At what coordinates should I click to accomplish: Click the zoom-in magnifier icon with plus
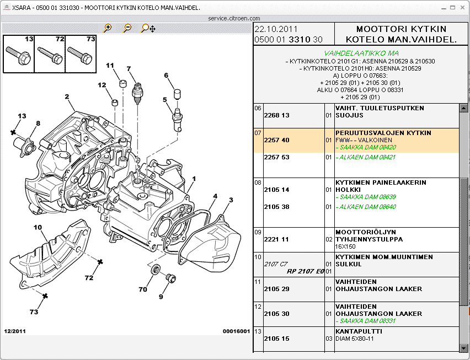click(x=107, y=28)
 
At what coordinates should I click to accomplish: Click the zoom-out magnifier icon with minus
click(x=127, y=28)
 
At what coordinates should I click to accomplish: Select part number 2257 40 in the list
click(x=276, y=140)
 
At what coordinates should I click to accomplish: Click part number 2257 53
click(x=276, y=157)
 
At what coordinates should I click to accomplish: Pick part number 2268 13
click(x=276, y=115)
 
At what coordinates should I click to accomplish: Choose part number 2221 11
click(x=276, y=239)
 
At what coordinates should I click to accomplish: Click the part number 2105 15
click(x=276, y=338)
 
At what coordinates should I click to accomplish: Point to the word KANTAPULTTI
click(x=359, y=331)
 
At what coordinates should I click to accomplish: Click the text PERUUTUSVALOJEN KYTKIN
click(x=383, y=133)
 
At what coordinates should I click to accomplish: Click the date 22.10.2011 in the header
click(x=276, y=29)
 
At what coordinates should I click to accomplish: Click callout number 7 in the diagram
click(x=129, y=69)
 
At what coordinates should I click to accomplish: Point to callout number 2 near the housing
click(x=67, y=97)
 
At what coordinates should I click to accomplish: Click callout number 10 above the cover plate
click(x=38, y=227)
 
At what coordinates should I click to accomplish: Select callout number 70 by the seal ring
click(x=143, y=289)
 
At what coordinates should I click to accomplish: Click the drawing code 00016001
click(x=236, y=331)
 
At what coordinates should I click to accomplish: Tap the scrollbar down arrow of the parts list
click(x=463, y=347)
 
